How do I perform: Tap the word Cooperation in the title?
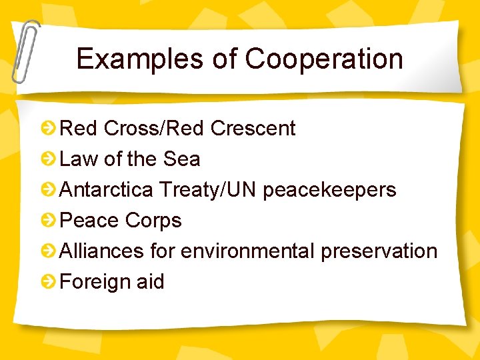tap(324, 59)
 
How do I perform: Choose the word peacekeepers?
tap(329, 191)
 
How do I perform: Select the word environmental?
tap(248, 251)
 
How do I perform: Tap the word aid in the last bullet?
tap(150, 282)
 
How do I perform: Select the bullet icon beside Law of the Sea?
tap(48, 159)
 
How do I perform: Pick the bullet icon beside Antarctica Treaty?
tap(48, 190)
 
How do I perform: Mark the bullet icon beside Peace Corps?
tap(48, 221)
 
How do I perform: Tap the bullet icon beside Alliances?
tap(48, 251)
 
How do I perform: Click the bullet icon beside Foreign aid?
tap(48, 282)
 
